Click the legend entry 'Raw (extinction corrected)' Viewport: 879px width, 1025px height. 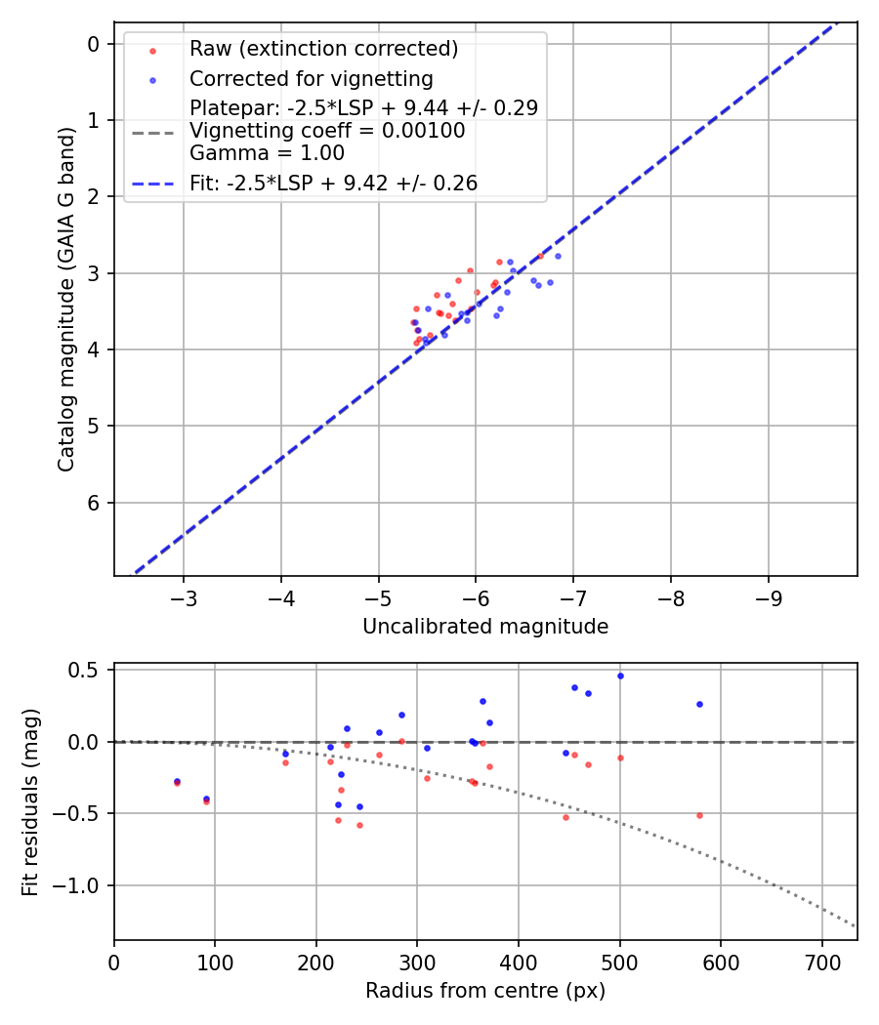(x=323, y=49)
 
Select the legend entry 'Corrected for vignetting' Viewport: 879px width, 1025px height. (x=311, y=78)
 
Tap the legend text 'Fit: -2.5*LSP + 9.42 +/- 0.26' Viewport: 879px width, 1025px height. (x=333, y=183)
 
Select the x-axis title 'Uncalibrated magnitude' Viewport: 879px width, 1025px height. (x=485, y=627)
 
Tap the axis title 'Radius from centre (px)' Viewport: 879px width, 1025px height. (x=485, y=991)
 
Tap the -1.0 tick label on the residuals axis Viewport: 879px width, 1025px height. (x=83, y=885)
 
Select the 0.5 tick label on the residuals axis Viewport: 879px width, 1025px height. (x=88, y=670)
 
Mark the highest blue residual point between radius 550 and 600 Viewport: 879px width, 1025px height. (x=699, y=704)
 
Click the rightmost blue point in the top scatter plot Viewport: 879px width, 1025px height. (x=558, y=256)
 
